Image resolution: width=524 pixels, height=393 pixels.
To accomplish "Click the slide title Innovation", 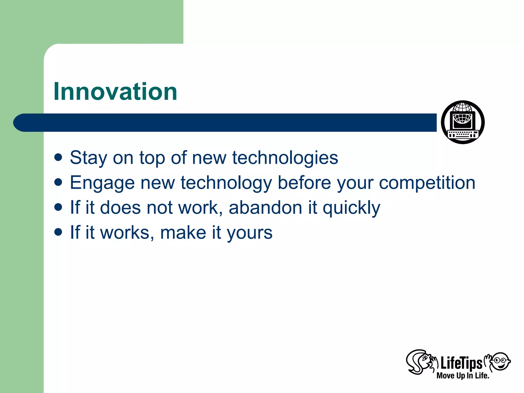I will (115, 92).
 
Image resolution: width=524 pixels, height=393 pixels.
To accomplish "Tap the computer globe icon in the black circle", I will (463, 122).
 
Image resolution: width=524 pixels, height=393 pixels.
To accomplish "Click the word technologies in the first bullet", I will (285, 158).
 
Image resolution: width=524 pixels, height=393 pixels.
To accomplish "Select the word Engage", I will (102, 183).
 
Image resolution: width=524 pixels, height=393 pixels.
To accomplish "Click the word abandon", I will (265, 207).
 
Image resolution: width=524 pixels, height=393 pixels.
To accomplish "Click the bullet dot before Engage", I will (58, 182).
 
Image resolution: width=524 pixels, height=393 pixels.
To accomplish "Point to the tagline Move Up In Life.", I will (463, 376).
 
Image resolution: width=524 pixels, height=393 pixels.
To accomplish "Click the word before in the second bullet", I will (304, 183).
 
